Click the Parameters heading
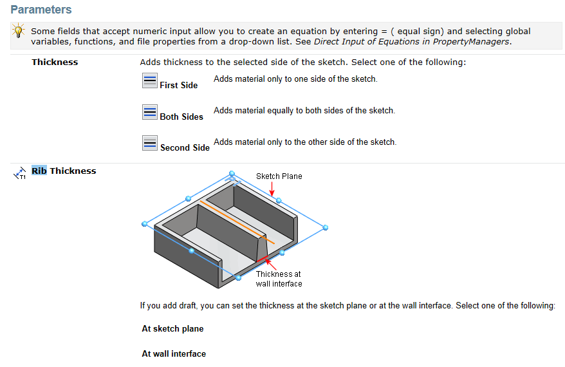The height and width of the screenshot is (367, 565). pos(41,10)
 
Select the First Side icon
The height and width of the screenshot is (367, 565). pos(149,80)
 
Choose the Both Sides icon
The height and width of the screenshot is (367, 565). pos(149,112)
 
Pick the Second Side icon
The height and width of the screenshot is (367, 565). pos(149,143)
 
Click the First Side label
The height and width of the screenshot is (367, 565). pos(179,85)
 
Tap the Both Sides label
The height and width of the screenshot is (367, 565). pos(181,117)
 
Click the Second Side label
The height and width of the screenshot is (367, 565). pos(185,147)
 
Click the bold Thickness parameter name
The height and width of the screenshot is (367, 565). pos(55,62)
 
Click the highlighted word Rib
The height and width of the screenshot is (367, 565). pos(39,171)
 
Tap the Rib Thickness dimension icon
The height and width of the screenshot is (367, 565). pos(19,173)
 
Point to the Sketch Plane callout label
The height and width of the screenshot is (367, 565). pos(279,176)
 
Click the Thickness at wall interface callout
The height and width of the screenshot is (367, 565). pos(279,279)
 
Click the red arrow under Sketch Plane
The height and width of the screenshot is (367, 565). pos(272,189)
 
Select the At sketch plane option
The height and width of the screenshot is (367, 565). pos(172,328)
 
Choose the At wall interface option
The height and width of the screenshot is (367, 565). pos(174,353)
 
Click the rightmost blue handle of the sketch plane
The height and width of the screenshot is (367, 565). pos(326,227)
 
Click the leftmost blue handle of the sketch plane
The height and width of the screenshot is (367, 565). pos(145,224)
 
